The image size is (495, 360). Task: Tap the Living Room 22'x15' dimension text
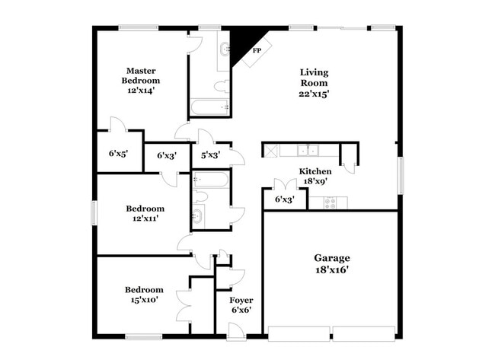click(x=314, y=94)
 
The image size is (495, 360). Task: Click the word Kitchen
click(x=315, y=171)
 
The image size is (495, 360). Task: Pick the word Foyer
click(x=241, y=300)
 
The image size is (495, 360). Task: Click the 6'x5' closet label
click(x=118, y=153)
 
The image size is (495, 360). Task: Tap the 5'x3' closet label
click(x=211, y=155)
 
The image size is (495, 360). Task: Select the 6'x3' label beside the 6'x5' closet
click(x=167, y=155)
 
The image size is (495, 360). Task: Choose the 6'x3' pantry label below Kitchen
click(x=284, y=199)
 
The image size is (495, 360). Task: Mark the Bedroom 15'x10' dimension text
click(x=144, y=301)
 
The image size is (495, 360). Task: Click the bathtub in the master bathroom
click(x=209, y=107)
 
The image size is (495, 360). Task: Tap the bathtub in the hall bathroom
click(x=211, y=180)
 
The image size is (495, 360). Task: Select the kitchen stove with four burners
click(x=332, y=202)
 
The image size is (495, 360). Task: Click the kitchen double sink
click(x=308, y=149)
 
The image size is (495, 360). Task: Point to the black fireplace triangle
click(x=246, y=44)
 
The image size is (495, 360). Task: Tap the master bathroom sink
click(x=225, y=50)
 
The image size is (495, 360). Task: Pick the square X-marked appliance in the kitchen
click(x=270, y=150)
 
